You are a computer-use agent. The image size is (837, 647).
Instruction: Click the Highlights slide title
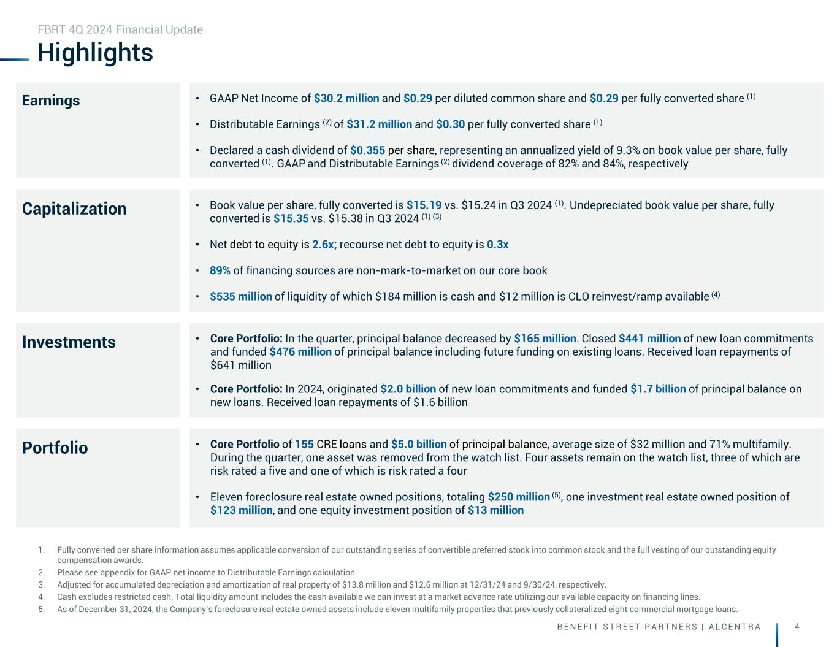[95, 53]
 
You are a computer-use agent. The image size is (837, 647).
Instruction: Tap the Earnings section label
[51, 101]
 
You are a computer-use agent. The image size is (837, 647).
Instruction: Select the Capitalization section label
[74, 209]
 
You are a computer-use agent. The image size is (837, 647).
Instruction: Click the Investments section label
[69, 342]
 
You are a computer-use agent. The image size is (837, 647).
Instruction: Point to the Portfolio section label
[55, 448]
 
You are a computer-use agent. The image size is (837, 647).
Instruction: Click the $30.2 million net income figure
[346, 99]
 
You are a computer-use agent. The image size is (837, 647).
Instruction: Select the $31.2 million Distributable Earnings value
[379, 124]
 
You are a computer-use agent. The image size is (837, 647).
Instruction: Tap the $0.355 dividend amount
[367, 150]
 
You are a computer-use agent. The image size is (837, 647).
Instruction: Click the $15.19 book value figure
[424, 205]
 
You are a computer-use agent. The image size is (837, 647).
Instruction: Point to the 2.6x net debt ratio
[324, 245]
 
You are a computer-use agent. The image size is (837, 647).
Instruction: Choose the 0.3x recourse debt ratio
[497, 245]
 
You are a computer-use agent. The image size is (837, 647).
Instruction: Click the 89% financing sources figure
[220, 270]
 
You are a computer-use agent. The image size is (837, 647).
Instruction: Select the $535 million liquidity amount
[240, 297]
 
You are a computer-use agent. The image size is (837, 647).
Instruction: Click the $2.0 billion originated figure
[408, 389]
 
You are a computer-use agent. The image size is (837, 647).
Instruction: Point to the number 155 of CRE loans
[304, 445]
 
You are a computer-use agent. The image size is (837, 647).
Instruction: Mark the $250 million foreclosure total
[519, 497]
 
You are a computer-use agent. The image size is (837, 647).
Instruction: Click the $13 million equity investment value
[495, 510]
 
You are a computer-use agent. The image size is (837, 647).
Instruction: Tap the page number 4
[797, 626]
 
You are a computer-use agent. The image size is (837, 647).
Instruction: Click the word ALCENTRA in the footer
[735, 627]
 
